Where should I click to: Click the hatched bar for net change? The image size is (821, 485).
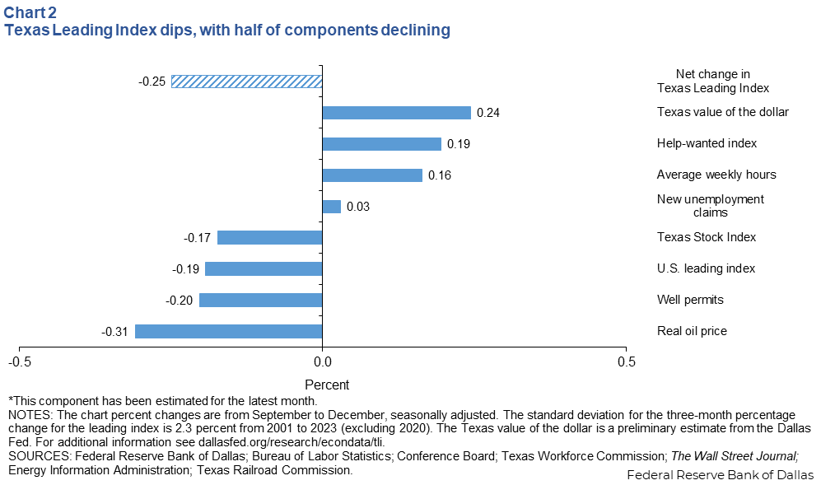pyautogui.click(x=246, y=82)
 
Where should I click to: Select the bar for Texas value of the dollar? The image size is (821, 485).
pyautogui.click(x=396, y=113)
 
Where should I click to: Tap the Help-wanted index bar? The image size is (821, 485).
pyautogui.click(x=381, y=144)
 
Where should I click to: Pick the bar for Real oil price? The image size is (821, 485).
pyautogui.click(x=228, y=331)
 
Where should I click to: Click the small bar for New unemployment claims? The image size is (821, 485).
pyautogui.click(x=331, y=207)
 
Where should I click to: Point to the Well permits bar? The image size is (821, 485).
pyautogui.click(x=260, y=300)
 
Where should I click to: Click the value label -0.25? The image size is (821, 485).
pyautogui.click(x=152, y=82)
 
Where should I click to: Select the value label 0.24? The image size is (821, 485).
pyautogui.click(x=489, y=113)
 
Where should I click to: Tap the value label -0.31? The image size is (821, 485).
pyautogui.click(x=114, y=331)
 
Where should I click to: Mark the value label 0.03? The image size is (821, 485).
pyautogui.click(x=357, y=207)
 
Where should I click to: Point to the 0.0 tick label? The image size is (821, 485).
pyautogui.click(x=322, y=361)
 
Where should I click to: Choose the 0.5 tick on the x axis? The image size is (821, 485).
pyautogui.click(x=626, y=361)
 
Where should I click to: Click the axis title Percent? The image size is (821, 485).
pyautogui.click(x=327, y=385)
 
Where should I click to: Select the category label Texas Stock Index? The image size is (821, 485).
pyautogui.click(x=706, y=237)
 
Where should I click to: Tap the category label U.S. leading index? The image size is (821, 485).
pyautogui.click(x=706, y=268)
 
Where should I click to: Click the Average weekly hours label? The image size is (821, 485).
pyautogui.click(x=716, y=175)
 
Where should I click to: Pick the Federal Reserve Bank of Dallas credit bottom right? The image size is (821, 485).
pyautogui.click(x=720, y=475)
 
